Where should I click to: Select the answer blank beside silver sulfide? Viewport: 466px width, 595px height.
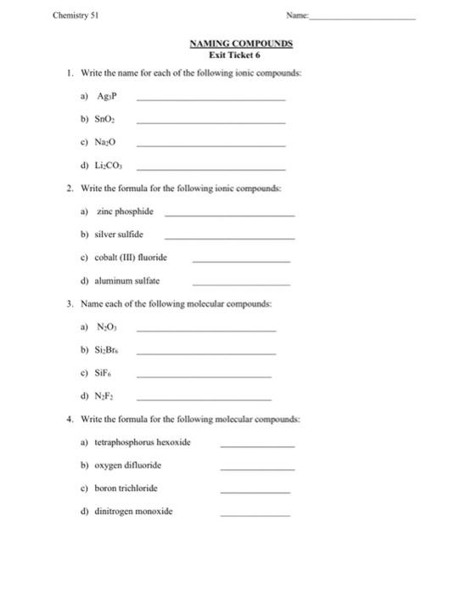click(x=229, y=236)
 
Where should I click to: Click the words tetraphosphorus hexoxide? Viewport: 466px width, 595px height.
click(x=146, y=442)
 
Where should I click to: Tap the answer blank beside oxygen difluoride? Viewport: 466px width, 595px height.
click(x=257, y=468)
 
